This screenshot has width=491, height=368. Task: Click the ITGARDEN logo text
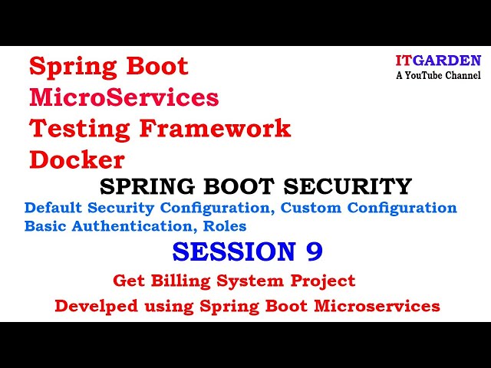[438, 61]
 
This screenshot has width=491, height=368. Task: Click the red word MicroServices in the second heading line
[124, 97]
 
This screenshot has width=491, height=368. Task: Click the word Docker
[77, 159]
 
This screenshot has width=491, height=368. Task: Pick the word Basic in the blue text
[45, 226]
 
